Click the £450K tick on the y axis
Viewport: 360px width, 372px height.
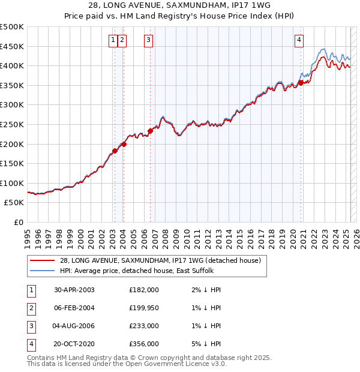coord(12,46)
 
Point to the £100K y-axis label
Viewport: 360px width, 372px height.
coord(12,183)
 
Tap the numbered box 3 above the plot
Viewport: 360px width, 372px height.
coord(148,40)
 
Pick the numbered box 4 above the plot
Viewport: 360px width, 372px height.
coord(299,40)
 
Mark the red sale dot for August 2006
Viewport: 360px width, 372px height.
coord(150,131)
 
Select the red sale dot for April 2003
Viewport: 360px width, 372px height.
coord(115,151)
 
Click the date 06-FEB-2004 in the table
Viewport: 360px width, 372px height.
coord(74,308)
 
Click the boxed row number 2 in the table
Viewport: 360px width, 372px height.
coord(30,308)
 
